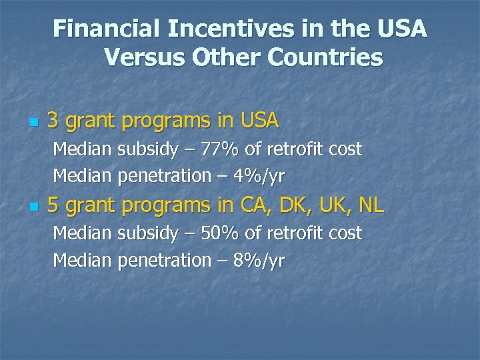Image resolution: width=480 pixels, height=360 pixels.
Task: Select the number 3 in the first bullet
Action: (x=53, y=121)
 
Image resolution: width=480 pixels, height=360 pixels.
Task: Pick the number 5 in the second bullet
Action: (x=53, y=206)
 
